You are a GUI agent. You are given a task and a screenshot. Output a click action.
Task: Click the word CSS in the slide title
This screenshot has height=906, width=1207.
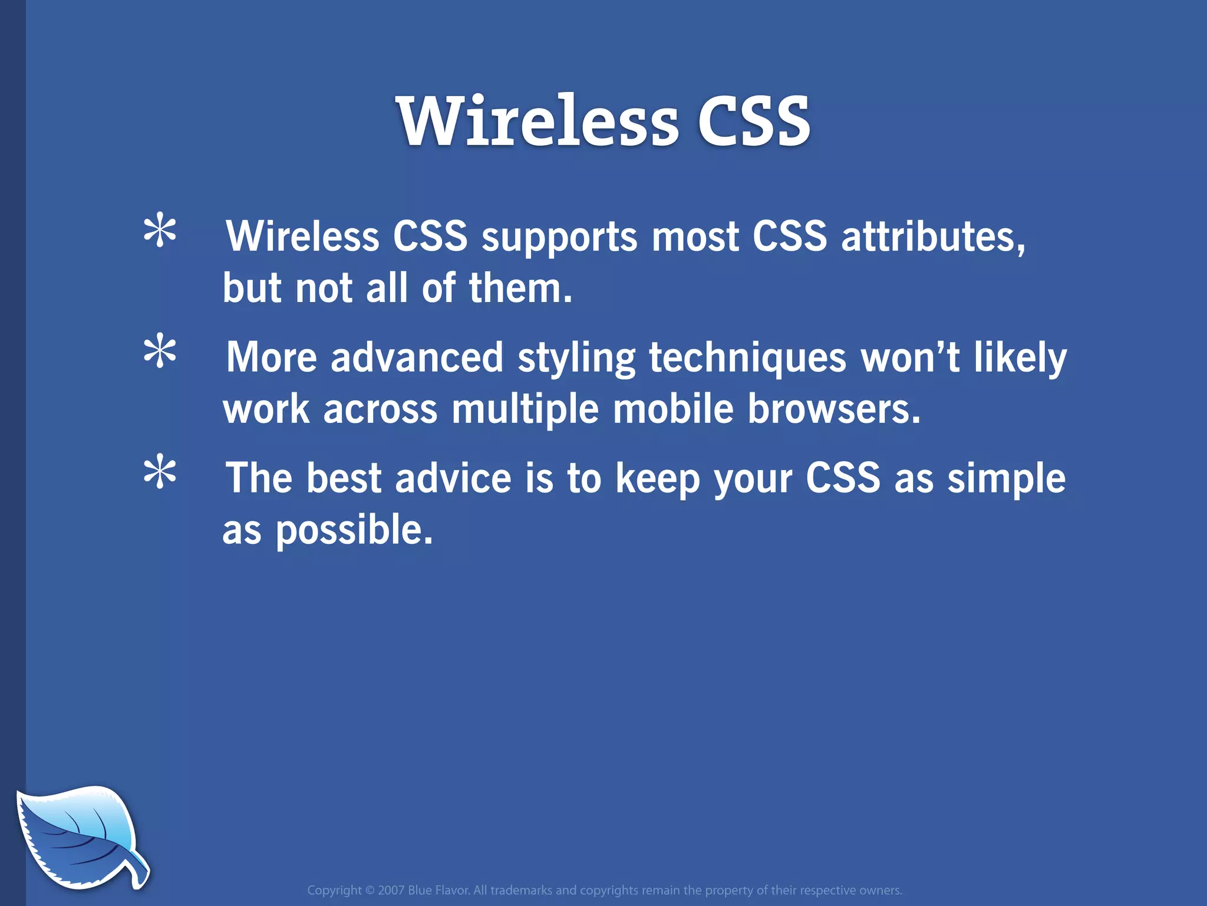[754, 122]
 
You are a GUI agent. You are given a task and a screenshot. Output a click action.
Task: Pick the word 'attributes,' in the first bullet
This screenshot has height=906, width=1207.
[934, 238]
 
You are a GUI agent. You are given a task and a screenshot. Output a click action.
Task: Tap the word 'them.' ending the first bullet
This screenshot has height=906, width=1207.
[520, 289]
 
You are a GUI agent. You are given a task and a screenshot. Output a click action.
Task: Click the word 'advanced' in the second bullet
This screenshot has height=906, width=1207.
[417, 358]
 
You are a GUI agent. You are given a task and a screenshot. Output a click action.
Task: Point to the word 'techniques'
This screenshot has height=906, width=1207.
[747, 358]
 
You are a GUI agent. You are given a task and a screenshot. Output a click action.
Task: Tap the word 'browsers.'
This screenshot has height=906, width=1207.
[833, 409]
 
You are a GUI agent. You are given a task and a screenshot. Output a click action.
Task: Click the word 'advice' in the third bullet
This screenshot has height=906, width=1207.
[453, 478]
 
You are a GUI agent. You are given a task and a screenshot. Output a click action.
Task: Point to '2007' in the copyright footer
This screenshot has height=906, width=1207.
[391, 890]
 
